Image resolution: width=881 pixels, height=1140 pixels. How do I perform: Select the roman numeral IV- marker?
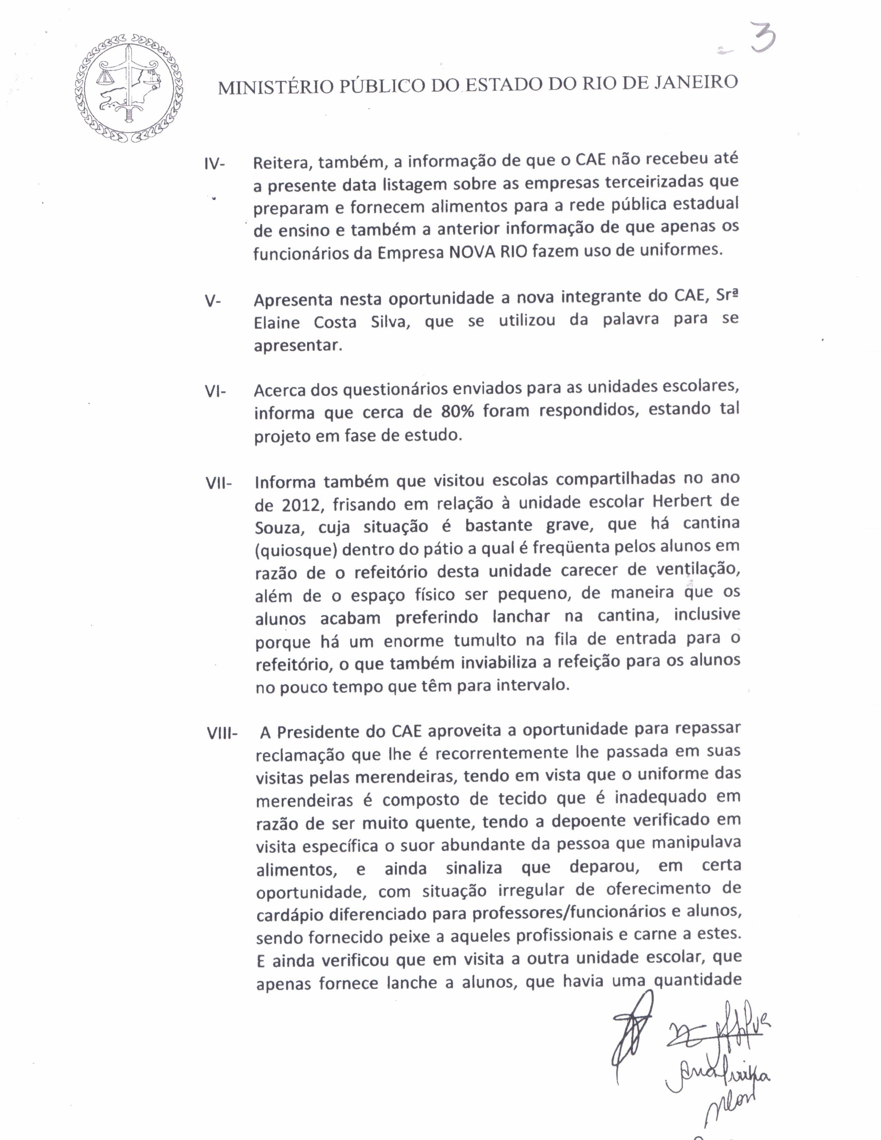pos(215,164)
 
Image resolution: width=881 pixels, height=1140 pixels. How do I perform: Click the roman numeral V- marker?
pos(213,301)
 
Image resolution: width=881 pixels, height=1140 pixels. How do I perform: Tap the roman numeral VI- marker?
pos(215,391)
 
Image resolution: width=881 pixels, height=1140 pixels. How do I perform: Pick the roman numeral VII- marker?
pos(218,483)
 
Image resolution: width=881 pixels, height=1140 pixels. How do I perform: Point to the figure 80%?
pos(457,412)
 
